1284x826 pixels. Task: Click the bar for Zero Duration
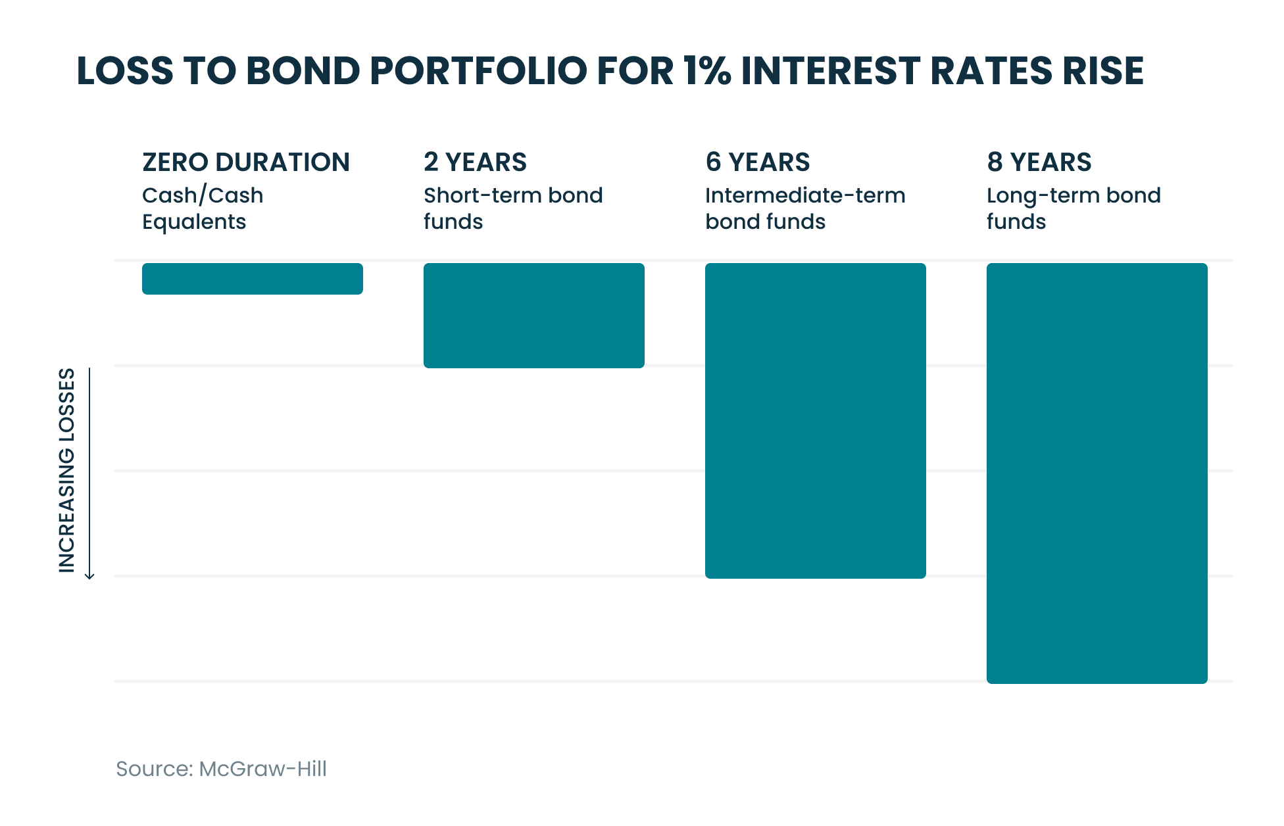(x=252, y=279)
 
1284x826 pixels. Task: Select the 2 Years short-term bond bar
(x=533, y=316)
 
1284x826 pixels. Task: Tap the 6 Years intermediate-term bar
(x=815, y=421)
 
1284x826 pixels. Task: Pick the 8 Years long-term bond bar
(x=1097, y=474)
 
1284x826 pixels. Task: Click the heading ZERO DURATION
(x=246, y=162)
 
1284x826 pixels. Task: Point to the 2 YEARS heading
(x=475, y=162)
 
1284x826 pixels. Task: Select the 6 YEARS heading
(x=757, y=162)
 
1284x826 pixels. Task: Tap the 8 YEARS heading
(x=1039, y=162)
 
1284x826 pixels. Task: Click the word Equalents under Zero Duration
(x=194, y=222)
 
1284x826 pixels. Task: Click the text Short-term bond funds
(x=513, y=208)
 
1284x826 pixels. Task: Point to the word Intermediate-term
(x=805, y=195)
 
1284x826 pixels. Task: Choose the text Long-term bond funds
(x=1074, y=208)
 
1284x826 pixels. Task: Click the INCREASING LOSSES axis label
(x=67, y=470)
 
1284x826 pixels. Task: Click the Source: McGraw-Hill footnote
(x=221, y=769)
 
